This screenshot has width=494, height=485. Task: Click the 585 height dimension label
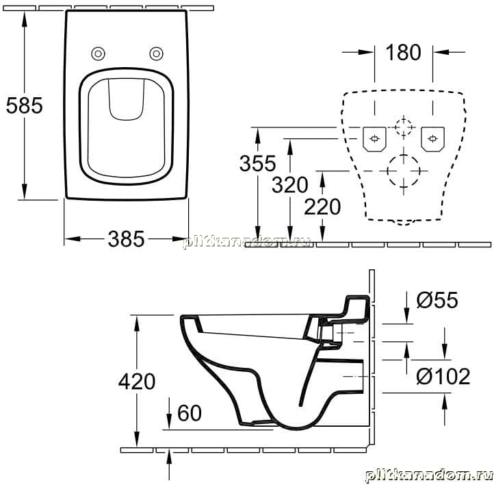tap(24, 105)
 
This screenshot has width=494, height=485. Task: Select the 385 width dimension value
tap(126, 238)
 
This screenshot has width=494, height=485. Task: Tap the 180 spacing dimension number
tap(403, 52)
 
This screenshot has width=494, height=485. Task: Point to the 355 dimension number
tap(258, 163)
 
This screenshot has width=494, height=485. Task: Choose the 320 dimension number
tap(290, 184)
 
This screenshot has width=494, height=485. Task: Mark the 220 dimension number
tap(322, 207)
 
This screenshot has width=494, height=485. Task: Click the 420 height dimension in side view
tap(137, 382)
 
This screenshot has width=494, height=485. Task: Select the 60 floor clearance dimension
tap(190, 412)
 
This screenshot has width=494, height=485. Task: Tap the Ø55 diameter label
tap(437, 299)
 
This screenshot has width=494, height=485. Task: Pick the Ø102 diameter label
tap(443, 376)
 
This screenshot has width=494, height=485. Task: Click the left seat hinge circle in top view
tap(98, 53)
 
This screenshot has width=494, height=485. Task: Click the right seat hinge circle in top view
tap(156, 53)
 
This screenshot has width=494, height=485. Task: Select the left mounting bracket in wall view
tap(374, 139)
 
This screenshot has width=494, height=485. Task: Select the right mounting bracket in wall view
tap(432, 139)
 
